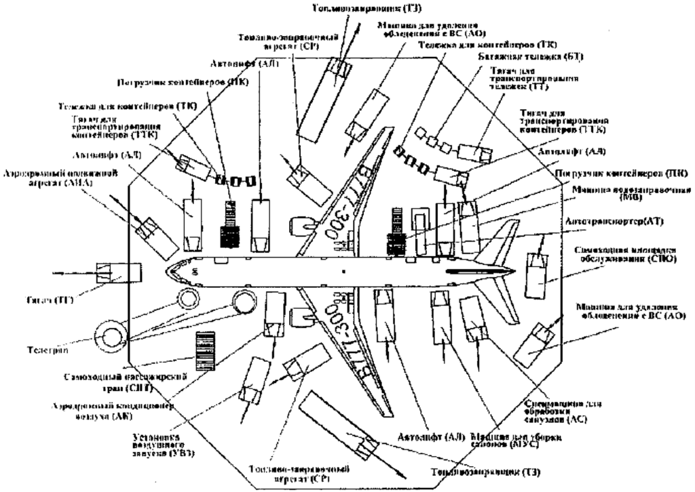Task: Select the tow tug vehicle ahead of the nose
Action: pos(118,272)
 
